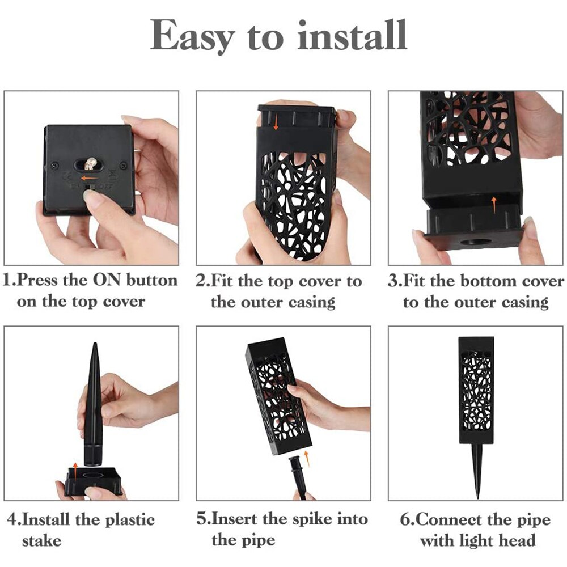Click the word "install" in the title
pyautogui.click(x=352, y=35)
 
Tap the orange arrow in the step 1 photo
pyautogui.click(x=88, y=178)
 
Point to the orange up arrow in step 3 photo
pyautogui.click(x=494, y=204)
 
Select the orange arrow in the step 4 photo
pyautogui.click(x=75, y=471)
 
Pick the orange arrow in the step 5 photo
pyautogui.click(x=307, y=459)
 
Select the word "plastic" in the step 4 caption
pyautogui.click(x=130, y=519)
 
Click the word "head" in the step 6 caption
pyautogui.click(x=517, y=540)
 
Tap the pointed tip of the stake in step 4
pyautogui.click(x=95, y=343)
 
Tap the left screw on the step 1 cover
pyautogui.click(x=55, y=166)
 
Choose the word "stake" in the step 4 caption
pyautogui.click(x=41, y=541)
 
